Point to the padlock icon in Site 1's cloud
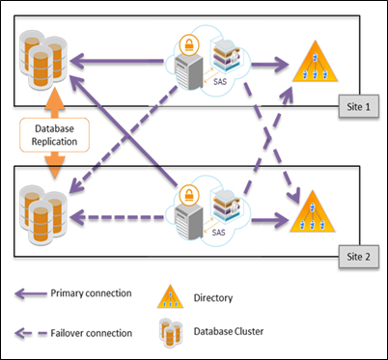[188, 44]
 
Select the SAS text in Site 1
[221, 84]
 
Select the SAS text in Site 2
[221, 233]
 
